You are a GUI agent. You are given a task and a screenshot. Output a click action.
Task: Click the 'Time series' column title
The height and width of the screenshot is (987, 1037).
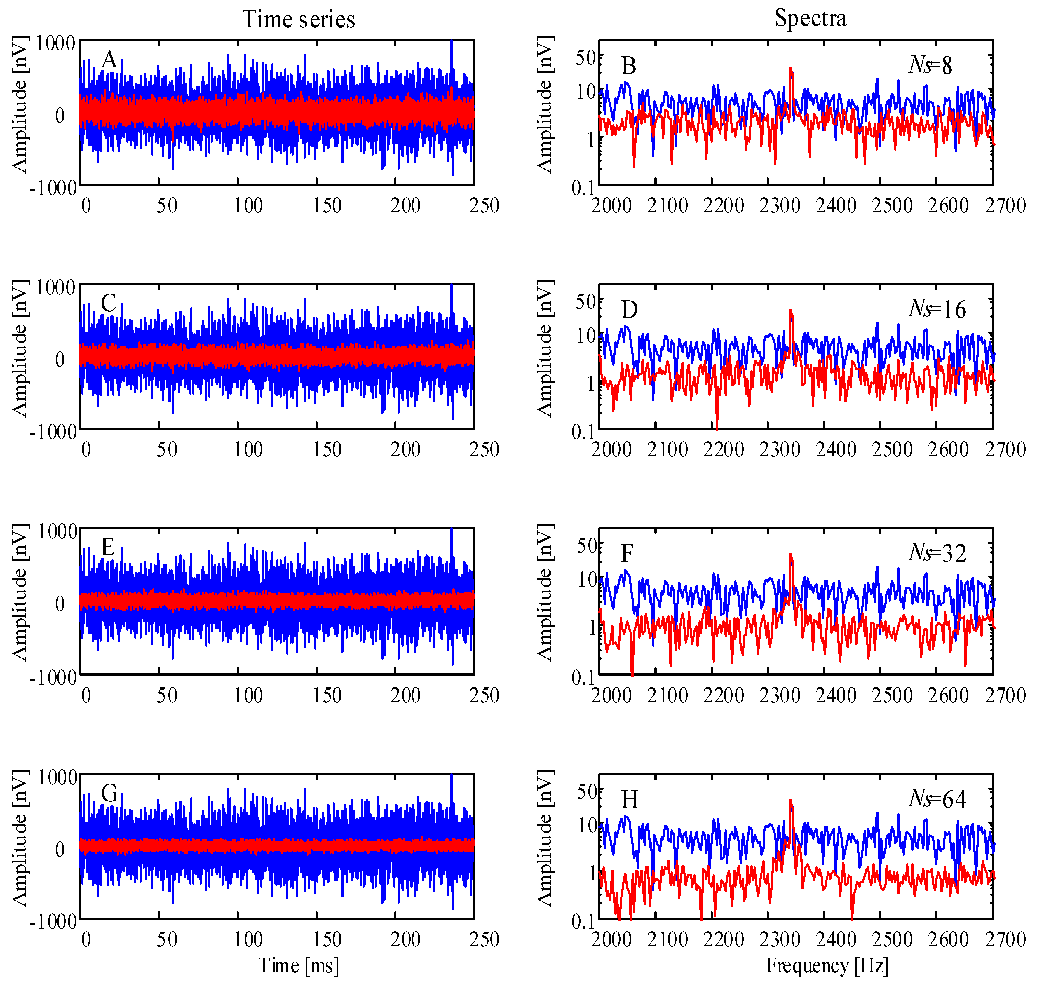[x=298, y=20]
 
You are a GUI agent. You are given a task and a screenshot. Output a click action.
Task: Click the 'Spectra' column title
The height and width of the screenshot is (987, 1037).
[x=810, y=18]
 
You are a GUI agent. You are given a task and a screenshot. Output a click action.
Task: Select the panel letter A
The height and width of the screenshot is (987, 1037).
[x=109, y=60]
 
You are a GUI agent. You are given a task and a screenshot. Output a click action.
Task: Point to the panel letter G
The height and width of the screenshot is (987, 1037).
[x=109, y=794]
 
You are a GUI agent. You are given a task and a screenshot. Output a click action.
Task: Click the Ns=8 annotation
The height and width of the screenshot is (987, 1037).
[x=930, y=65]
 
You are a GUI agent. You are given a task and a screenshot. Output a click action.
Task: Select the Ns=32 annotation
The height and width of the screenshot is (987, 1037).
[x=937, y=553]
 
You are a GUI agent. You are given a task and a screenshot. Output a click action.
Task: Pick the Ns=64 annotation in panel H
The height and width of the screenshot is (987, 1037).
[x=937, y=799]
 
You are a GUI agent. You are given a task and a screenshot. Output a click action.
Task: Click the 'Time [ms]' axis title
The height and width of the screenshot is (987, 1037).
[x=298, y=965]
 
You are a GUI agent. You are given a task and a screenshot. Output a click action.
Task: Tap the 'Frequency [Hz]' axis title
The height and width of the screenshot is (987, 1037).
[x=827, y=965]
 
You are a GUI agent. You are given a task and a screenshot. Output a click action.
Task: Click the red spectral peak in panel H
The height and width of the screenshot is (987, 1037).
[x=791, y=802]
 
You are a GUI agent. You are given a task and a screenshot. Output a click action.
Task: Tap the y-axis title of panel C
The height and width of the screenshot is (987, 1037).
[x=20, y=348]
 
